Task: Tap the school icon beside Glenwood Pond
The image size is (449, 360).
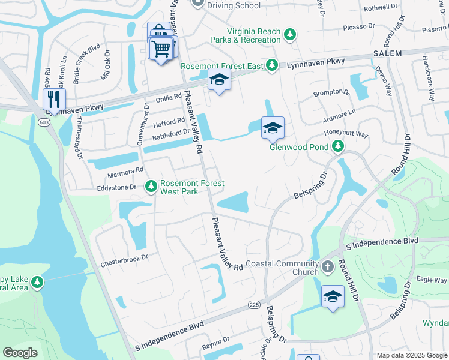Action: [x=272, y=127]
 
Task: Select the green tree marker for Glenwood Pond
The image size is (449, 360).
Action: [x=338, y=146]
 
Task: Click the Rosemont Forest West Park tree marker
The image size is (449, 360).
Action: [x=151, y=187]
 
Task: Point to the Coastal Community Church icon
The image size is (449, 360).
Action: [x=327, y=266]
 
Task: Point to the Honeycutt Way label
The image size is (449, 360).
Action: [x=346, y=134]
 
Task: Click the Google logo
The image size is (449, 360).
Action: [x=20, y=353]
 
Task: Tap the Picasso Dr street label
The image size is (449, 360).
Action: [x=358, y=27]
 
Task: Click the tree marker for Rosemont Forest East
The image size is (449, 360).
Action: [x=272, y=64]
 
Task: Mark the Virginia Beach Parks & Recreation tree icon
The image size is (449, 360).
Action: [x=291, y=35]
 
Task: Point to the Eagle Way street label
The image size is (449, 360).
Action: [x=432, y=280]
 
